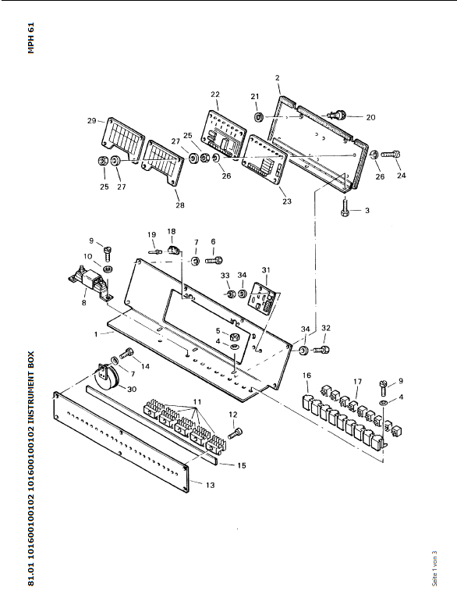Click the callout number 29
(x=91, y=120)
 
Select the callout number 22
(x=215, y=94)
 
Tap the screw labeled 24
(x=391, y=155)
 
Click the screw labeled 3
(x=345, y=208)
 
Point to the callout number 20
(x=370, y=117)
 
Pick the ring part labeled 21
(x=258, y=116)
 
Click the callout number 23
(x=287, y=201)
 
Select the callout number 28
(x=179, y=205)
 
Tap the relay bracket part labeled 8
(x=90, y=284)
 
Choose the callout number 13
(x=211, y=485)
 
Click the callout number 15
(x=242, y=465)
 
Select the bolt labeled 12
(x=235, y=433)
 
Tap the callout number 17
(x=357, y=382)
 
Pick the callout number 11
(x=197, y=402)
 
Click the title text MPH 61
(x=31, y=37)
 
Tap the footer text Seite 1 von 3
(x=434, y=568)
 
